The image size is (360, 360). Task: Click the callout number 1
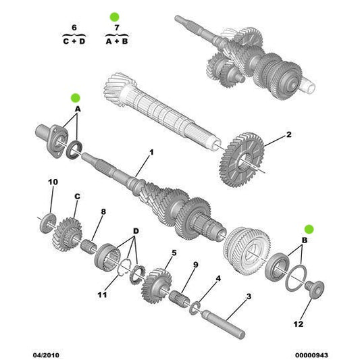[x=151, y=153]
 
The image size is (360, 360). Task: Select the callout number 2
[x=288, y=134]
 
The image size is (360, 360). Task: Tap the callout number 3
[x=248, y=296]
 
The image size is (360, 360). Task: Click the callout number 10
[x=53, y=182]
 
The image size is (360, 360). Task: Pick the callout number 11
[x=102, y=294]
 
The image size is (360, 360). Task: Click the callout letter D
[x=136, y=231]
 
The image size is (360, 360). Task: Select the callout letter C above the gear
[x=77, y=196]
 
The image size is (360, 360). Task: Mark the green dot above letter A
[x=76, y=97]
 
